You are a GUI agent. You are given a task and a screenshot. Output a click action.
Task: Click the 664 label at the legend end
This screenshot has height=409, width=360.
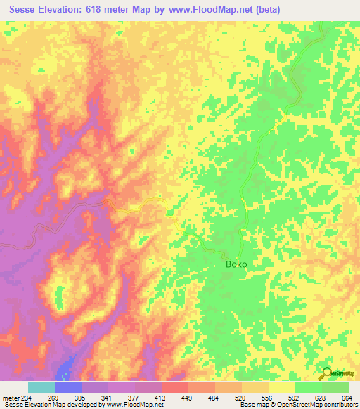[347, 397]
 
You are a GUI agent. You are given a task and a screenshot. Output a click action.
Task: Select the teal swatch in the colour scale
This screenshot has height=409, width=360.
[41, 387]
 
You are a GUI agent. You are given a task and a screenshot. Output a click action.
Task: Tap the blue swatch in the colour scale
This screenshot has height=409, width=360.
[67, 387]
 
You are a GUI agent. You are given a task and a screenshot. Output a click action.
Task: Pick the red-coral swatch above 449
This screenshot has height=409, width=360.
[174, 387]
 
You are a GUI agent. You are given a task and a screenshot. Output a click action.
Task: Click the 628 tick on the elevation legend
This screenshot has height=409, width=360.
[321, 397]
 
